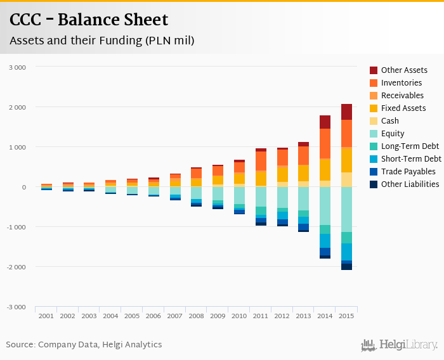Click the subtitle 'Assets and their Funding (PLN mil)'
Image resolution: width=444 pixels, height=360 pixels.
(101, 41)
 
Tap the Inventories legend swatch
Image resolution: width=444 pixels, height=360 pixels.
(374, 83)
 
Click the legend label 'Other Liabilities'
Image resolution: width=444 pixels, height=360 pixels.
(410, 184)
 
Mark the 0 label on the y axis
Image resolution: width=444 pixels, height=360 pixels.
(23, 187)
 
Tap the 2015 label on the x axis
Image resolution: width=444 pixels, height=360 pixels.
(346, 316)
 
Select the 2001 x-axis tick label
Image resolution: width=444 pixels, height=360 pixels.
(46, 316)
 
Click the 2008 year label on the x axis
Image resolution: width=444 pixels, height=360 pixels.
(196, 316)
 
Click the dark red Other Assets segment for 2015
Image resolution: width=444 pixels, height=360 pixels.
(346, 112)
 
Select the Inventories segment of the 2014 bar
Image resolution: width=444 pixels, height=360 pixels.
(325, 143)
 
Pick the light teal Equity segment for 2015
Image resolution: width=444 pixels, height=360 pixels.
(346, 209)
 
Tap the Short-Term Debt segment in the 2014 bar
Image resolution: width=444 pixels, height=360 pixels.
(325, 240)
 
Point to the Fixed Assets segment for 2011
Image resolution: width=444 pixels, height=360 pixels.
(261, 178)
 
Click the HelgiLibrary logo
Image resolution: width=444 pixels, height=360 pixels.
(399, 345)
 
